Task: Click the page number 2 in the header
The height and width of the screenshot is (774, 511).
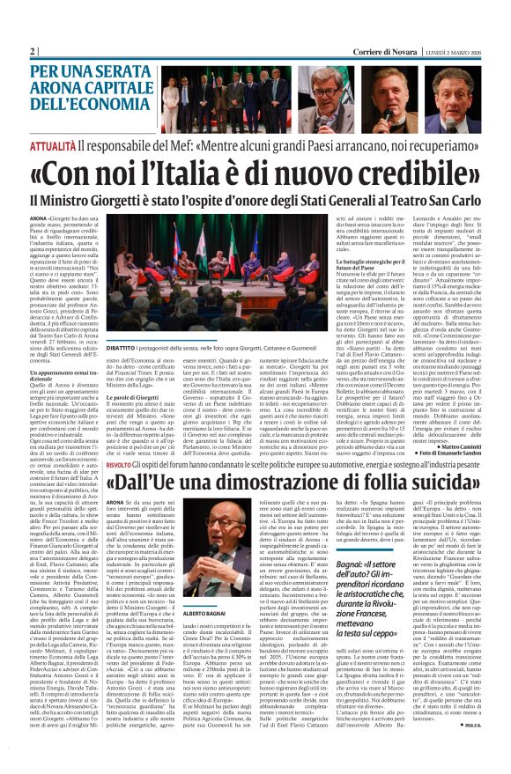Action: pos(33,51)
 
